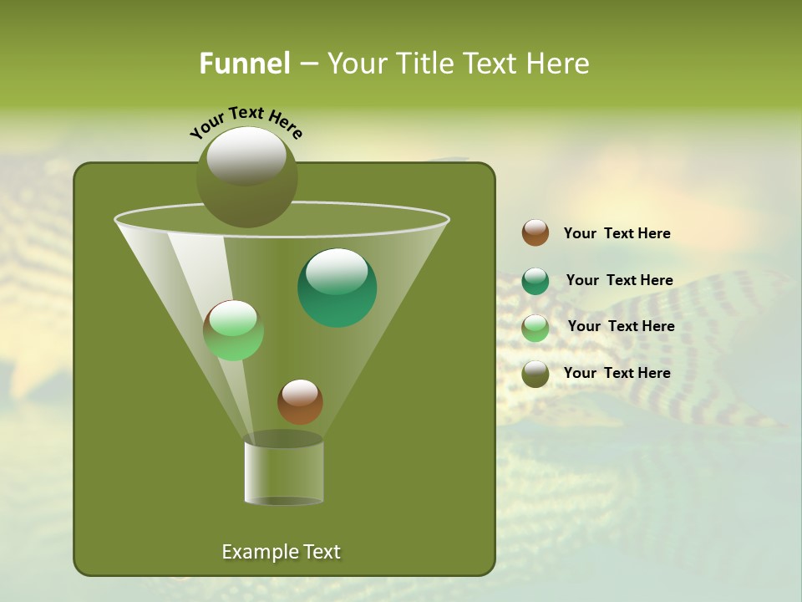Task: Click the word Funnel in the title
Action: [244, 64]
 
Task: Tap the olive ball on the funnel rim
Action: [246, 177]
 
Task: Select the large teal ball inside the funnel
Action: [337, 288]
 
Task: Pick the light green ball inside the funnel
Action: [233, 330]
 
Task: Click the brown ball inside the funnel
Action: [300, 401]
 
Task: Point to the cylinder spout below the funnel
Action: [284, 472]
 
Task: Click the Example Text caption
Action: [281, 552]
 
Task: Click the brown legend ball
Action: [536, 233]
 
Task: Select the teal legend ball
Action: [536, 281]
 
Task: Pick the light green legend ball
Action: [536, 328]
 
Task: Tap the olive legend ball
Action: [536, 374]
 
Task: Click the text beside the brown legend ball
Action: [617, 233]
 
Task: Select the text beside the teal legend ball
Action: [619, 280]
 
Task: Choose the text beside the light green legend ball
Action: [621, 326]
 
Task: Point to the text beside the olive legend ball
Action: [617, 373]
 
